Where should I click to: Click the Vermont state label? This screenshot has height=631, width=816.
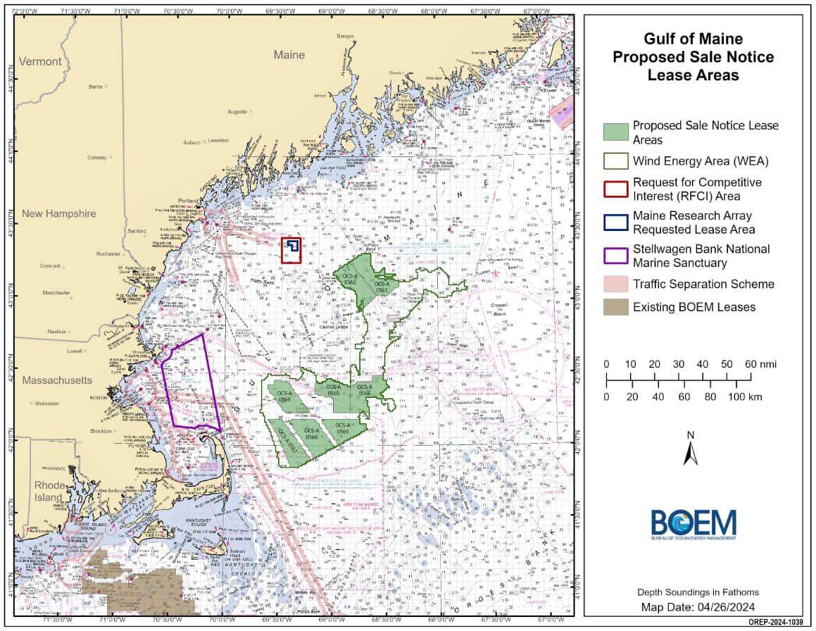40,61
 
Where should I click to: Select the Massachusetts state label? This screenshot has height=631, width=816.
56,380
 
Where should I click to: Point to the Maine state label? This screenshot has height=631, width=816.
289,54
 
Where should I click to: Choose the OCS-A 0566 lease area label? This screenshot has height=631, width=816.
364,389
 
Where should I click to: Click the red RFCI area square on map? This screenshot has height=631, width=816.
291,250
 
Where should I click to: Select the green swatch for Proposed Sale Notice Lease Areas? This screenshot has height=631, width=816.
615,132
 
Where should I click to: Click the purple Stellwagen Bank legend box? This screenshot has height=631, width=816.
615,256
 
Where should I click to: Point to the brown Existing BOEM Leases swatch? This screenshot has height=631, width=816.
615,306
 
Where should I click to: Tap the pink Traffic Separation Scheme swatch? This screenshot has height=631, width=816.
615,284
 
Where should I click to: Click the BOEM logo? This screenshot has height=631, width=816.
693,524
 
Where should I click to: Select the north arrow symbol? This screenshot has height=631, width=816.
691,449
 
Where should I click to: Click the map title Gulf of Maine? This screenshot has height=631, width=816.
693,39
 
